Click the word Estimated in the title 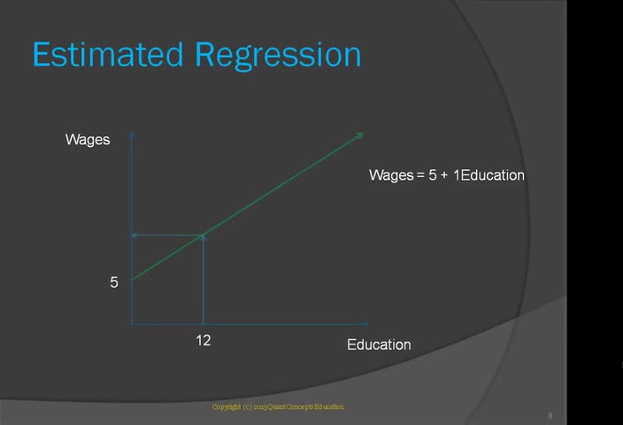108,54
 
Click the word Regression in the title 278,56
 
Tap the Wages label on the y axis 88,140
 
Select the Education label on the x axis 379,344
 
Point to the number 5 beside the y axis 114,282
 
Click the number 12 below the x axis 203,340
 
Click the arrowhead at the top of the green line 360,135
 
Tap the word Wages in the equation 391,175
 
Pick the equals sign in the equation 420,175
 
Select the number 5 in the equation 433,175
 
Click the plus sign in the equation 444,175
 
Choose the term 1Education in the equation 488,175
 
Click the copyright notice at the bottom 278,406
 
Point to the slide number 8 550,416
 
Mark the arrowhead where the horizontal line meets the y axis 135,236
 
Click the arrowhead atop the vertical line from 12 204,237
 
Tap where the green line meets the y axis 132,280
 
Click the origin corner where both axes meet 132,324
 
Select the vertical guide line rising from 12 204,280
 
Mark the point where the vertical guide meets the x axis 204,324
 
